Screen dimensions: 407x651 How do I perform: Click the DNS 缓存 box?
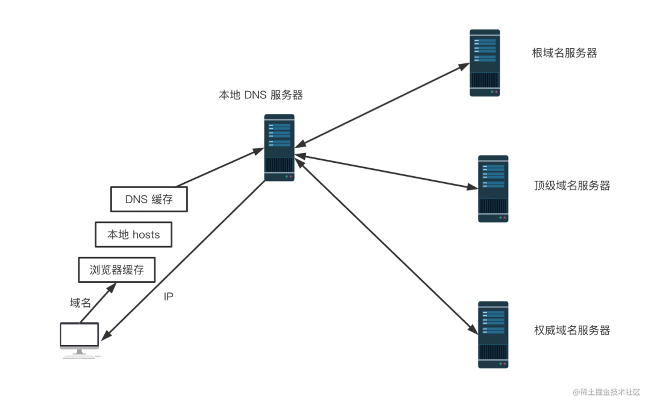[149, 199]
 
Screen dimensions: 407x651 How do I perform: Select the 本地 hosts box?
[133, 235]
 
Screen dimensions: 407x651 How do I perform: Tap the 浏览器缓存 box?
[117, 270]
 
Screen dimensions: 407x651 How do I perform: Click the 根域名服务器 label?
[564, 53]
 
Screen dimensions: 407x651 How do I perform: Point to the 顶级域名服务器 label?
[572, 185]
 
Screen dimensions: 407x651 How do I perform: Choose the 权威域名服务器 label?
[572, 330]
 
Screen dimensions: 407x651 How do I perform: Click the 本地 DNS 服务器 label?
[260, 95]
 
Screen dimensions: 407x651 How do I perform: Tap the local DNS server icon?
[279, 148]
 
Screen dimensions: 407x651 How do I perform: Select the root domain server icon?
[485, 63]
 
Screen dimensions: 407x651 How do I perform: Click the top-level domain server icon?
[493, 189]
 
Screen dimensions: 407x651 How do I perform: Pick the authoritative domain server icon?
[493, 335]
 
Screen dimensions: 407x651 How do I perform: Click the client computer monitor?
[79, 335]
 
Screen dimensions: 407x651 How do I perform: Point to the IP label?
[169, 297]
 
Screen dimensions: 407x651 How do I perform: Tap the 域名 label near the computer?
[80, 303]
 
